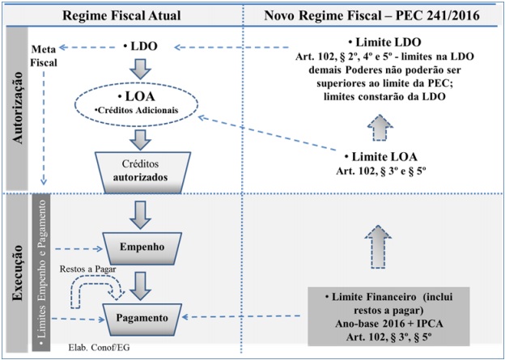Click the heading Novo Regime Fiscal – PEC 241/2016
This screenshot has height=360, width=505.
pyautogui.click(x=374, y=14)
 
